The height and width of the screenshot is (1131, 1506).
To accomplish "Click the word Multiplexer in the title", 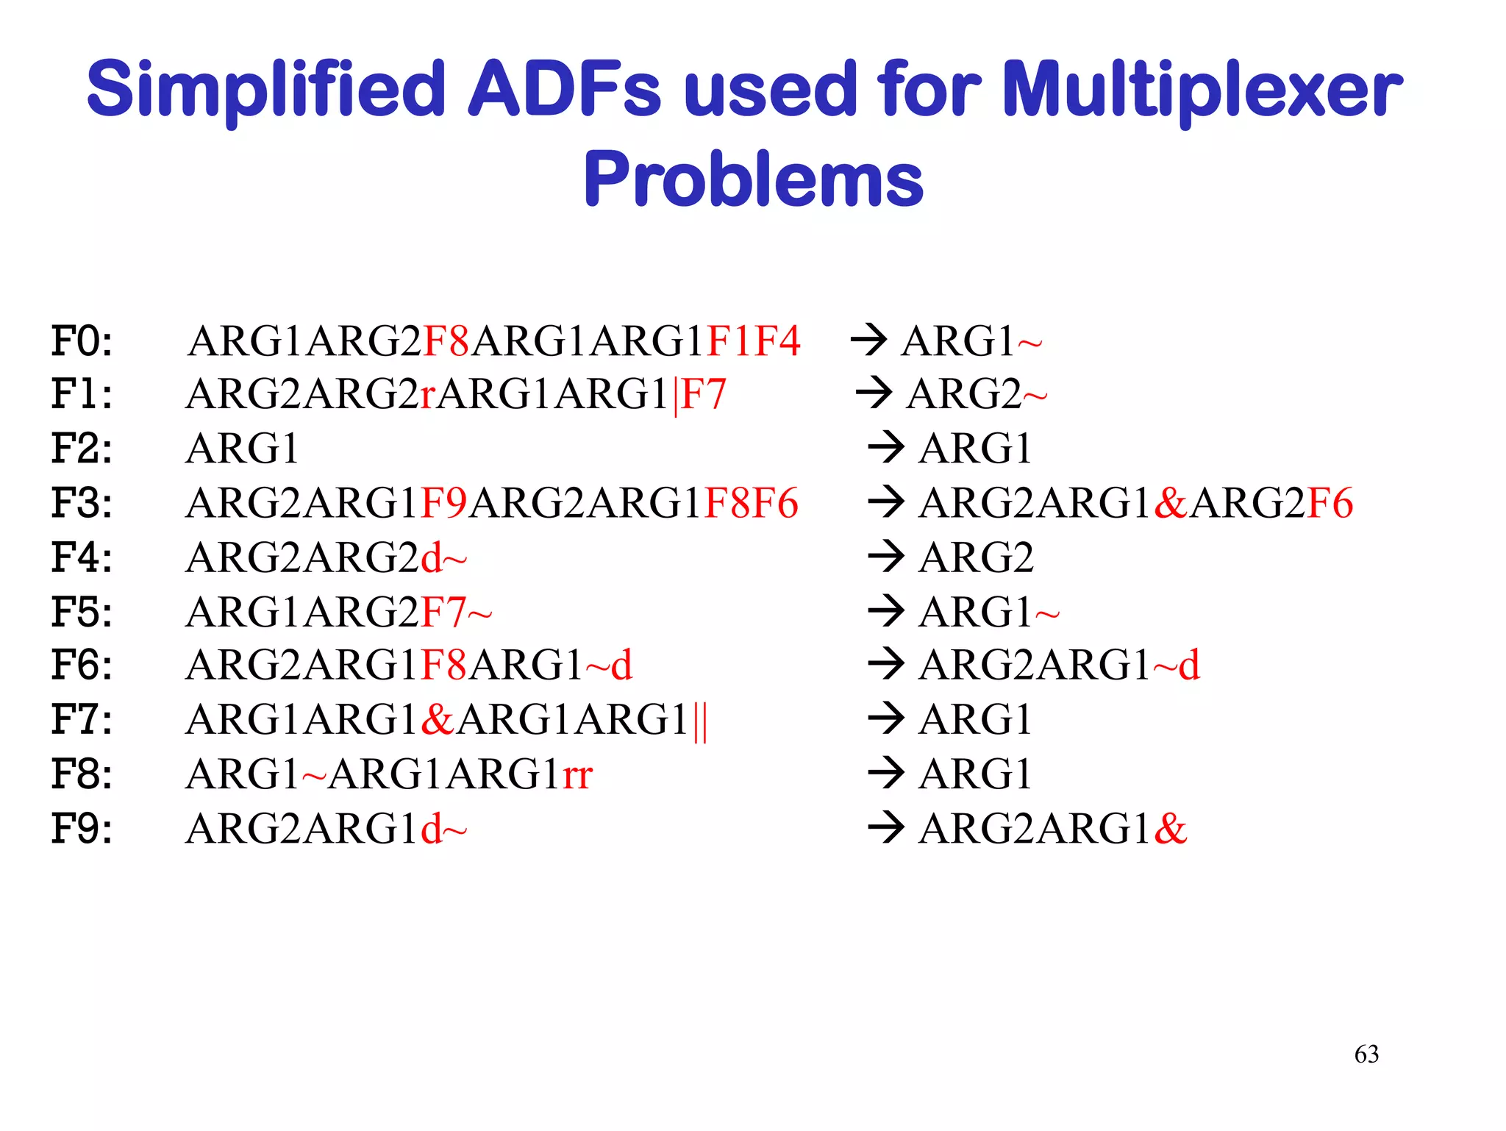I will point(1202,90).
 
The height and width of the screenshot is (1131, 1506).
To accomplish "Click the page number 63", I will point(1366,1054).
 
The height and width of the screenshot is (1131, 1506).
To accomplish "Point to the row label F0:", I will point(82,341).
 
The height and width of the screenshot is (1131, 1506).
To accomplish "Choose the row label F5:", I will point(82,612).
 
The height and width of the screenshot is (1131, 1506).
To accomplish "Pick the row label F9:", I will point(82,829).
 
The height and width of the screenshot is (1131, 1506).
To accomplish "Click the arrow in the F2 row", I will point(885,448).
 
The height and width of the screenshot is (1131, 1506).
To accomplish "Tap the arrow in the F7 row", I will point(885,718).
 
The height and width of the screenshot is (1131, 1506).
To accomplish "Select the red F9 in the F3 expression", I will point(443,503).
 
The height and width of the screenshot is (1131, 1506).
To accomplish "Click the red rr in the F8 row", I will point(578,774).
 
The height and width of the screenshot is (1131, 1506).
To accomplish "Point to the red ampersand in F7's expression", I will point(438,719).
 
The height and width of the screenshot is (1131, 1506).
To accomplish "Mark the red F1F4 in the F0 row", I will point(753,341).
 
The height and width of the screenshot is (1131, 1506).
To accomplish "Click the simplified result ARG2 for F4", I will point(976,557).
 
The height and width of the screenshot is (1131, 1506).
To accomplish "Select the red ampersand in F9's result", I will point(1171,829).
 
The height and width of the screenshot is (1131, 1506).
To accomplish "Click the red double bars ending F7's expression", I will point(700,721).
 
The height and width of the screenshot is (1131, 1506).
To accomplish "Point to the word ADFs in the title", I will point(565,90).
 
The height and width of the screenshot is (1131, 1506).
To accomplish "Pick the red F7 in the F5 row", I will point(443,612).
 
